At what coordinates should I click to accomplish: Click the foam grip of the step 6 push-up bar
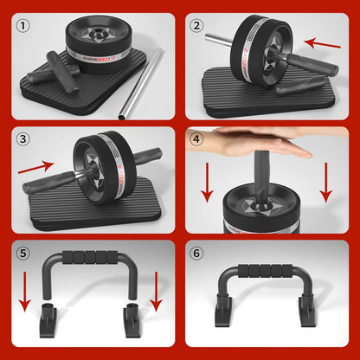coord(268,272)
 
